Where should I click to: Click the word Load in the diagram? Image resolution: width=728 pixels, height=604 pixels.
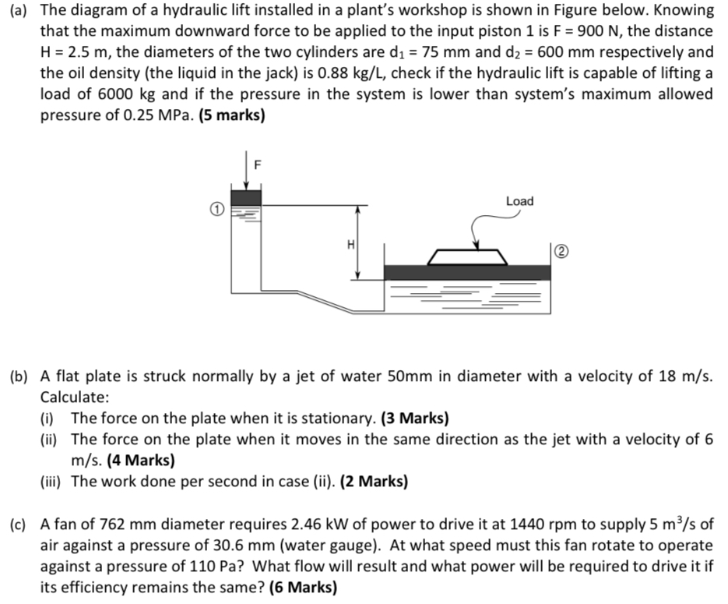tap(519, 201)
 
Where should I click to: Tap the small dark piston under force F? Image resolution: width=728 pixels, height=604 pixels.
tap(246, 197)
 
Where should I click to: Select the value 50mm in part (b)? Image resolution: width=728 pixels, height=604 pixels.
tap(410, 376)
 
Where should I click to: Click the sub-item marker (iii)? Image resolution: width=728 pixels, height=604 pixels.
tap(52, 481)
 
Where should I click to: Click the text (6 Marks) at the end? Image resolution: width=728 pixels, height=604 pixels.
tap(303, 587)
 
